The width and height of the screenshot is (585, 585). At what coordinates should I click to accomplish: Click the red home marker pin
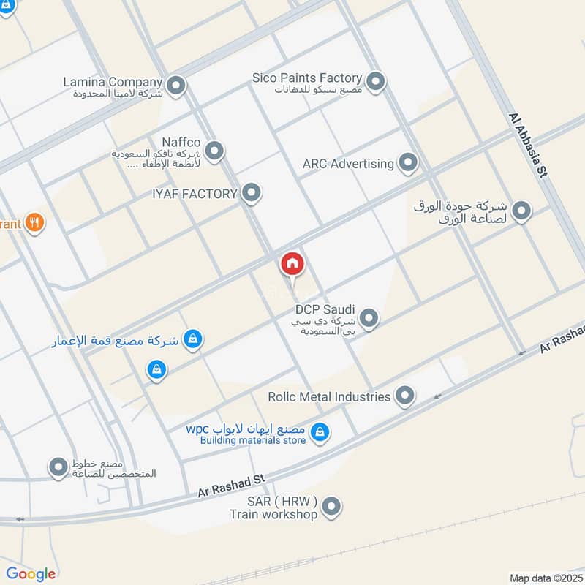292,264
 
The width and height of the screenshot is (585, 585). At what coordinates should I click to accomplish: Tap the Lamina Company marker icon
175,88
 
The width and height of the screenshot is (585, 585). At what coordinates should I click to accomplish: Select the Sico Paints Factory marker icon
376,82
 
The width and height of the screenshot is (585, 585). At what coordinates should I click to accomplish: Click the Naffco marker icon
214,151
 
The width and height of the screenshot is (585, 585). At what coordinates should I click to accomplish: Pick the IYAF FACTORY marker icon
252,193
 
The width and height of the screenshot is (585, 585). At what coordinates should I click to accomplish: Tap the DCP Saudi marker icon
369,318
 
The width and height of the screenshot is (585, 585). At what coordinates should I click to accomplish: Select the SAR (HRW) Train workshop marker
331,506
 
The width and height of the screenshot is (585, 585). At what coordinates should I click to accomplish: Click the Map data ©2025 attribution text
545,578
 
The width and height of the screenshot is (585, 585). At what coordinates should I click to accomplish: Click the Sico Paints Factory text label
307,78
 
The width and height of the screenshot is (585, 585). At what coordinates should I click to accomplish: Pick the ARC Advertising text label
348,164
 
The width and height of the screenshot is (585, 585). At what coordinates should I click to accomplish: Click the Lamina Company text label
113,82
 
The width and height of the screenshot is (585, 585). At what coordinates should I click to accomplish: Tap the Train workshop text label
273,514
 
